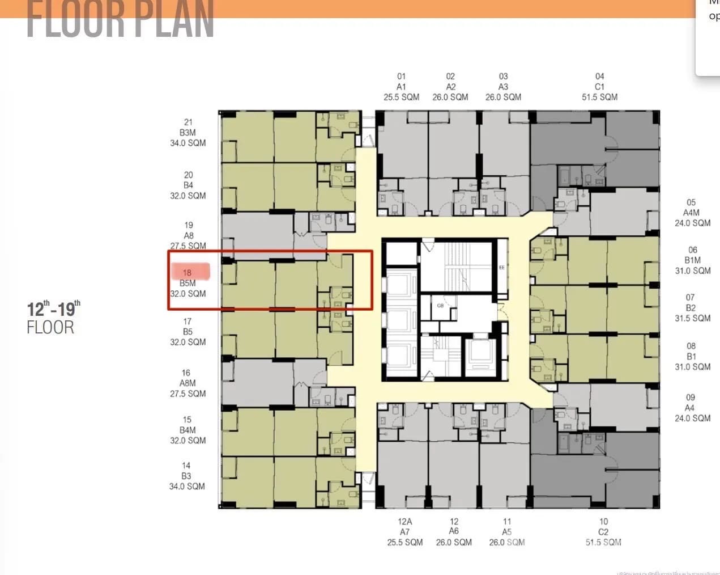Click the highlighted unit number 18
point(187,273)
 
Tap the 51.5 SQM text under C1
point(599,97)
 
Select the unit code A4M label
point(691,213)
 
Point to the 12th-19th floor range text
point(54,308)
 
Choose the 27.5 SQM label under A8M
point(188,394)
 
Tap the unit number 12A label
point(404,522)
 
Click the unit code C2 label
point(603,532)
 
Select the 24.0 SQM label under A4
point(692,418)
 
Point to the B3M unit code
point(188,133)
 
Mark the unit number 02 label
point(450,76)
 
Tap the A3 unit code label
point(503,87)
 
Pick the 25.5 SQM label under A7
point(404,542)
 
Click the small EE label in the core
point(501,267)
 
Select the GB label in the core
point(440,306)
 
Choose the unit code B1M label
point(692,260)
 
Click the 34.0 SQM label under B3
point(187,486)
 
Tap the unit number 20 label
point(188,175)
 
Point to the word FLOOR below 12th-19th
point(50,327)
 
